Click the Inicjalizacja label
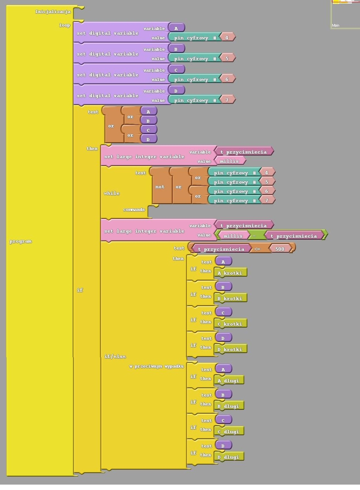click(x=53, y=12)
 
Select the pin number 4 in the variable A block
click(x=227, y=37)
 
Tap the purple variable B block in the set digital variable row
click(x=176, y=49)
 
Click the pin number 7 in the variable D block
click(x=227, y=100)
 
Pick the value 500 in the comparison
click(x=280, y=249)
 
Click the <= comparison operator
click(x=257, y=249)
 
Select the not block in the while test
click(x=160, y=186)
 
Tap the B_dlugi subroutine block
click(x=229, y=406)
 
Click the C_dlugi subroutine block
click(x=229, y=431)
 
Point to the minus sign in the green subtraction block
click(x=254, y=236)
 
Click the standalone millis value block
click(x=230, y=161)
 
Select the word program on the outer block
click(x=20, y=241)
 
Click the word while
click(x=112, y=193)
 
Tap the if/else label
click(x=115, y=357)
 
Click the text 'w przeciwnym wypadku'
click(x=156, y=366)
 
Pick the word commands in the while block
click(x=134, y=210)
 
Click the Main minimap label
click(x=336, y=25)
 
